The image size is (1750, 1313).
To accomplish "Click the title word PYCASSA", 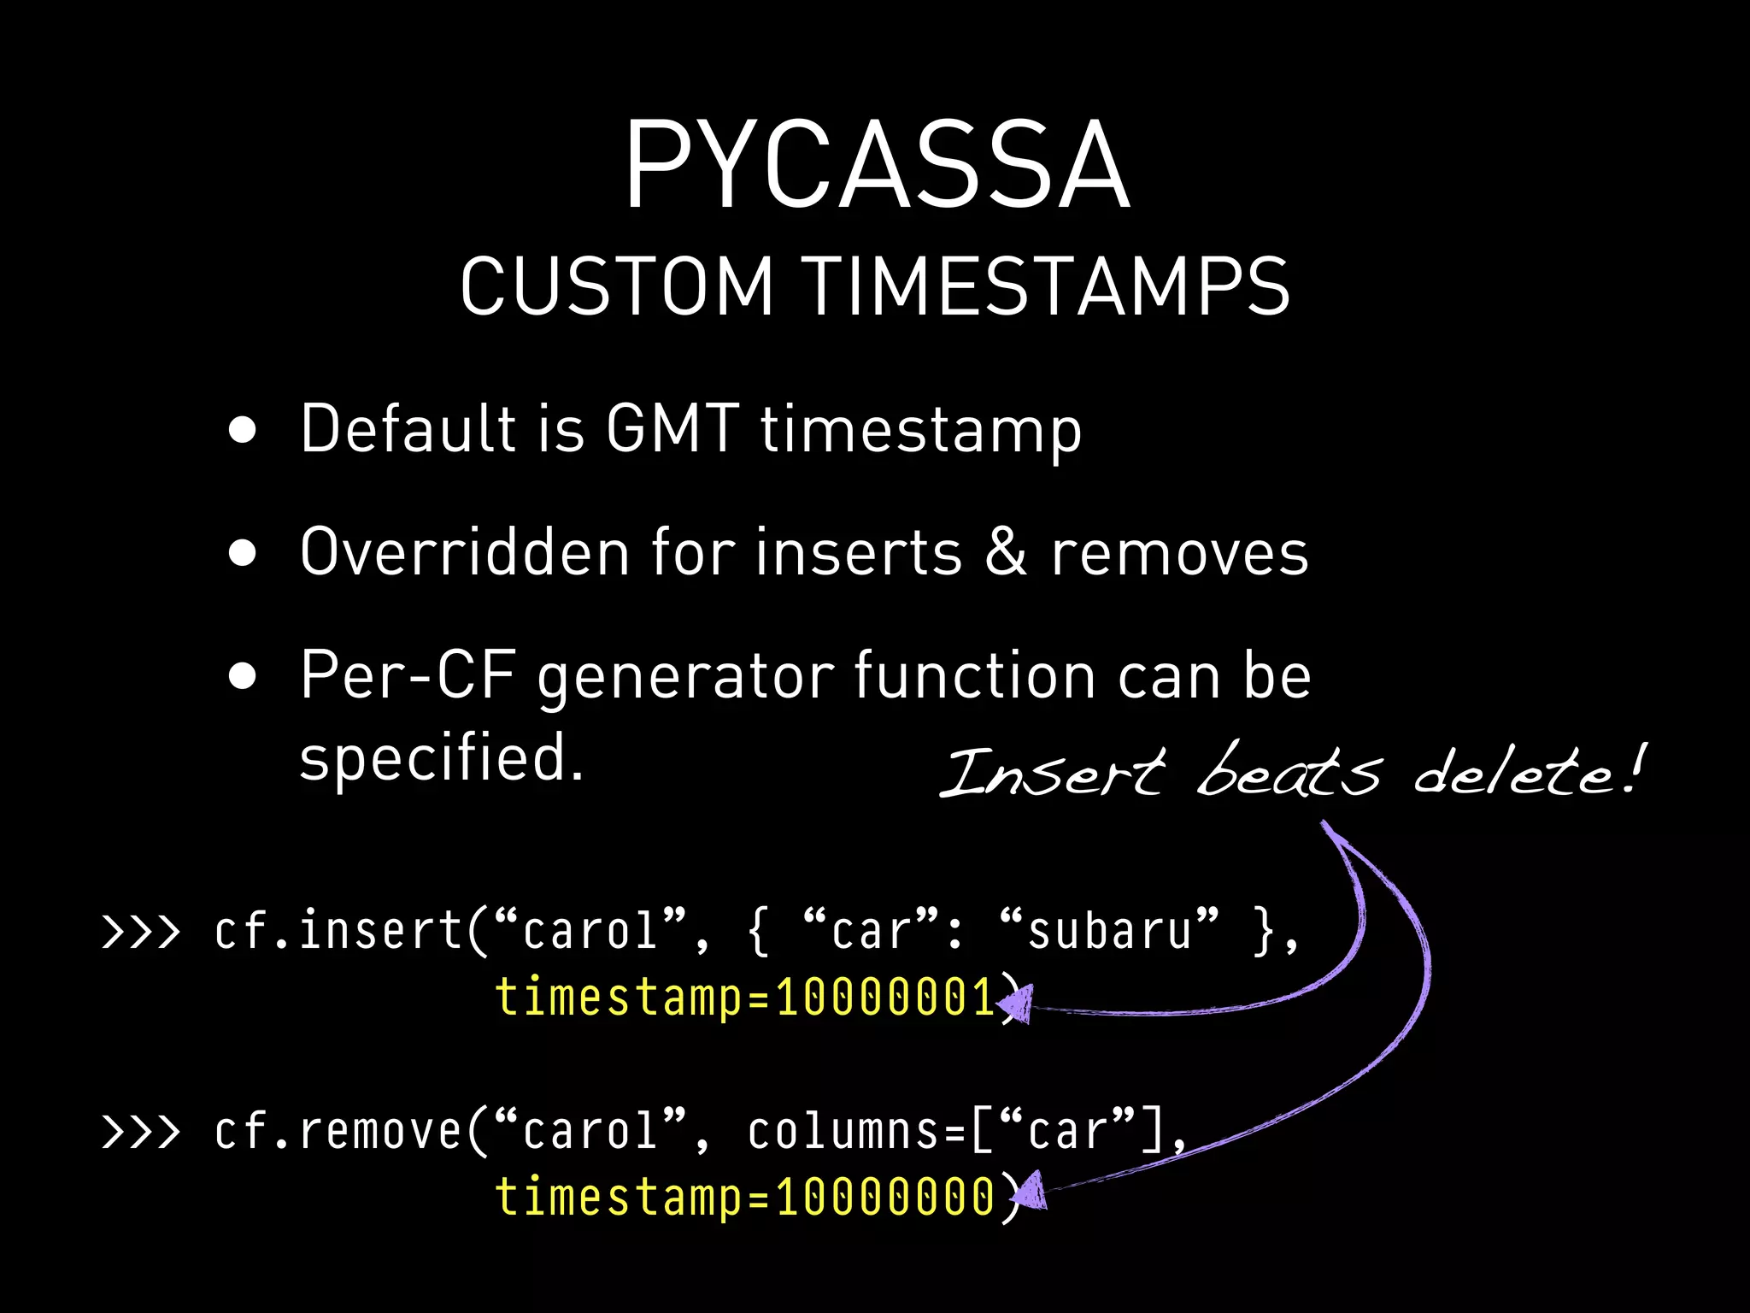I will coord(877,164).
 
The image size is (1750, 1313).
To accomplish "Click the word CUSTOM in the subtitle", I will coord(616,286).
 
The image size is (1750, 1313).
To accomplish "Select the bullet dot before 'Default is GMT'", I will coord(243,431).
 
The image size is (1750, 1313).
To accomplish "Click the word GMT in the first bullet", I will coord(672,427).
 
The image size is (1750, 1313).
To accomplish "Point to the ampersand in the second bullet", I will coord(1006,552).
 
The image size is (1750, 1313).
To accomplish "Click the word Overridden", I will coord(466,552).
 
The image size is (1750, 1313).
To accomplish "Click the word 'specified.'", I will coord(441,757).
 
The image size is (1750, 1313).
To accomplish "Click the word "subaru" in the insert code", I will coord(1109,930).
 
